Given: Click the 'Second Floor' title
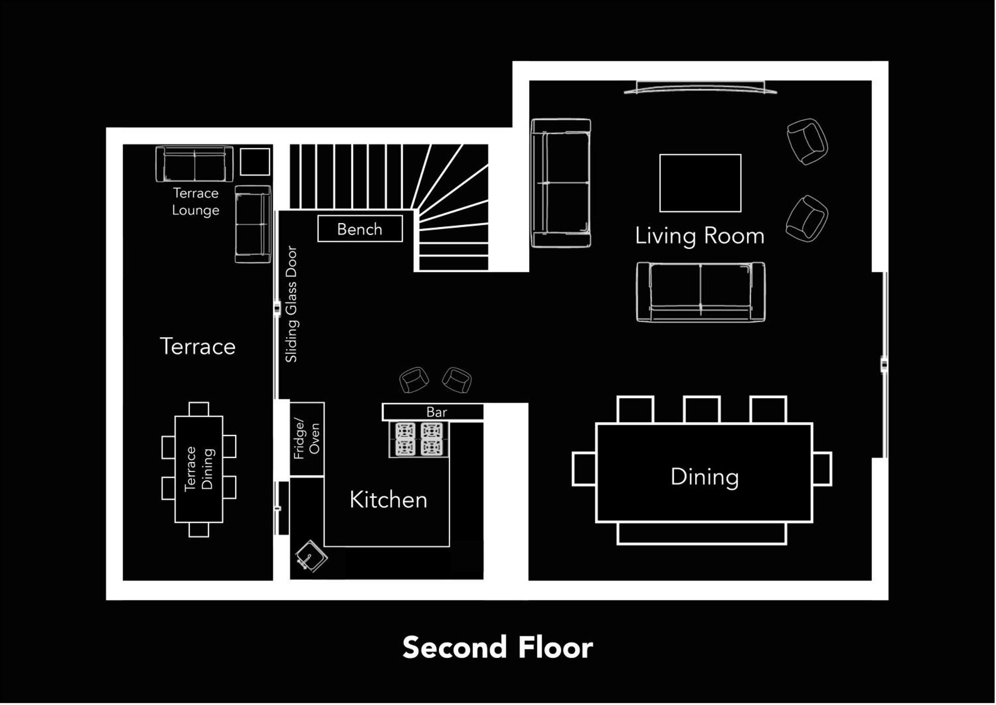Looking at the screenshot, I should tap(497, 647).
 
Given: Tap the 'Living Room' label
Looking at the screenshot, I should tap(700, 236).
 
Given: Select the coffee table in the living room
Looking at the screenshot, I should tap(700, 183).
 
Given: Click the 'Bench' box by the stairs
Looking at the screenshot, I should tap(359, 229).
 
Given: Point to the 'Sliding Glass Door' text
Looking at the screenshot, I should tap(292, 304).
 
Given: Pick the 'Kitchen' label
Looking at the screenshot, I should tap(388, 500).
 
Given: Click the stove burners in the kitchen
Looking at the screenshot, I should tap(419, 439).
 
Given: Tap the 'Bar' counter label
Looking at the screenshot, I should tap(436, 412).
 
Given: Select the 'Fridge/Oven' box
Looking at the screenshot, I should tap(307, 439).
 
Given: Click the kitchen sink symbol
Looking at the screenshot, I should tap(311, 556).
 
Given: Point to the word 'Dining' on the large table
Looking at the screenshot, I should tap(704, 477).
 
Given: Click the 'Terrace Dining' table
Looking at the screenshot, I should tap(199, 469).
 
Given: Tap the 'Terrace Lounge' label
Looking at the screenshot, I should tap(196, 202).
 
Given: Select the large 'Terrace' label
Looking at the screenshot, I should tap(198, 347).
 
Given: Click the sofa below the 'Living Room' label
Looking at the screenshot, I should tap(700, 292).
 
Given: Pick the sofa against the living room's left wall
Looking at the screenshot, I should tap(561, 183).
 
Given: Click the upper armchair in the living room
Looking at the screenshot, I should tap(807, 141).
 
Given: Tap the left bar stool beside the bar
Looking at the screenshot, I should tap(414, 380).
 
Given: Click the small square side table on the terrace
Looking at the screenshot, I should tap(255, 162).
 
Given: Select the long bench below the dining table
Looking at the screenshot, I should tap(701, 534).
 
